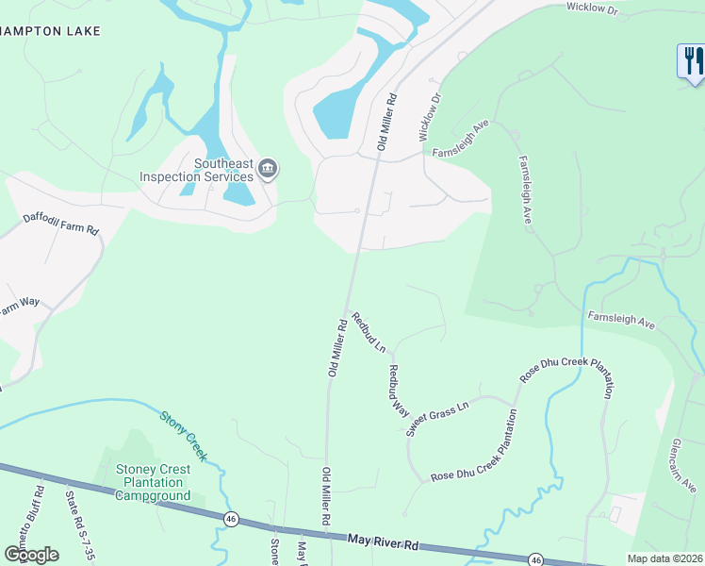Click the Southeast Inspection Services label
pos(196,170)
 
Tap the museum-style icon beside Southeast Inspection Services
pos(268,170)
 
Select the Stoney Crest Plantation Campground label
pos(153,482)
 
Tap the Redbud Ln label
pos(369,332)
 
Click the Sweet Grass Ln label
pos(437,418)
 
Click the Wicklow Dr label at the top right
pos(591,8)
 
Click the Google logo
pos(31,555)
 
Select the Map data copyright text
pos(665,558)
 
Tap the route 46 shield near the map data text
pos(534,559)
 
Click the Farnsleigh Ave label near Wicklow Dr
pos(461,139)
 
